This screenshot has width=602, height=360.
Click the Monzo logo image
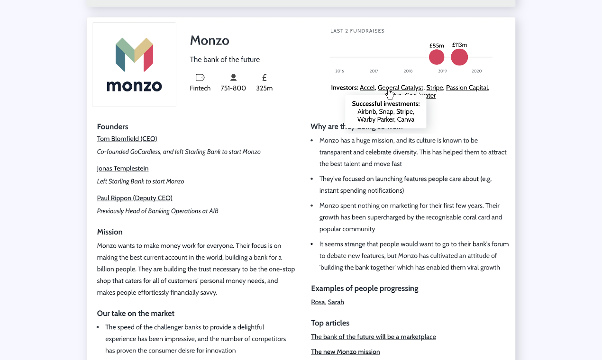[x=134, y=64]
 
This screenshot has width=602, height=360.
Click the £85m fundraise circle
[x=437, y=57]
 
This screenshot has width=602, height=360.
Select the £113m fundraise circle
[x=459, y=57]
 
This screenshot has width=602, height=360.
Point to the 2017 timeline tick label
[x=374, y=71]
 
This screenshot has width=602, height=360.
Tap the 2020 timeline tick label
[x=476, y=71]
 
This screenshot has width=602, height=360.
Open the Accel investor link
[x=367, y=88]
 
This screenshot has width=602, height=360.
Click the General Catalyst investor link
[x=400, y=88]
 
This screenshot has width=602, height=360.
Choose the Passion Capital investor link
[x=467, y=88]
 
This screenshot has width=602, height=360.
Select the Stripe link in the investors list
[x=434, y=88]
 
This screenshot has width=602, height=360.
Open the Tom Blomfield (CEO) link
[x=127, y=139]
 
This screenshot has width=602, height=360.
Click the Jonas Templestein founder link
[x=123, y=169]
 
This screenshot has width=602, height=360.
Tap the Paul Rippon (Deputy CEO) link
[x=135, y=198]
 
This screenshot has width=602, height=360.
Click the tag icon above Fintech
[x=200, y=78]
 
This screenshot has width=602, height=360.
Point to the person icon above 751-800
[x=233, y=78]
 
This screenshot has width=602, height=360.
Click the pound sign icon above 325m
[x=265, y=78]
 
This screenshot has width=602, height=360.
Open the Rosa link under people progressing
[x=318, y=302]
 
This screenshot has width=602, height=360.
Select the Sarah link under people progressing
[x=336, y=302]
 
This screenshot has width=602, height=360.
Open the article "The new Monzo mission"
[x=346, y=352]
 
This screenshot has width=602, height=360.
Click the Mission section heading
[x=110, y=232]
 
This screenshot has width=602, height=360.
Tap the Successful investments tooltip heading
[x=386, y=104]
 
